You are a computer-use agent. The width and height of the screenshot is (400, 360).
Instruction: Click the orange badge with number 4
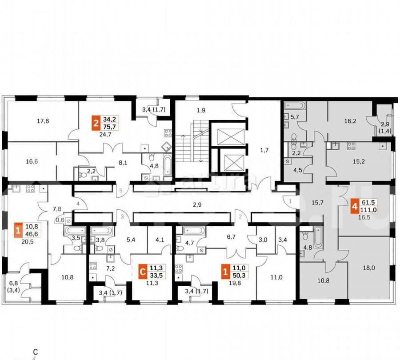(354, 207)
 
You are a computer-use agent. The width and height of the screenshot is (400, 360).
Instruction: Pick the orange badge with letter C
(142, 270)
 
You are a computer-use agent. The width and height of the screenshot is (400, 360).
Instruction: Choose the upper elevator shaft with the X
(231, 136)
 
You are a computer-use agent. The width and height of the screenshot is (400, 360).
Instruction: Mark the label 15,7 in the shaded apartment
(317, 203)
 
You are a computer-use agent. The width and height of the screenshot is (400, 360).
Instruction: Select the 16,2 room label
(351, 120)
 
